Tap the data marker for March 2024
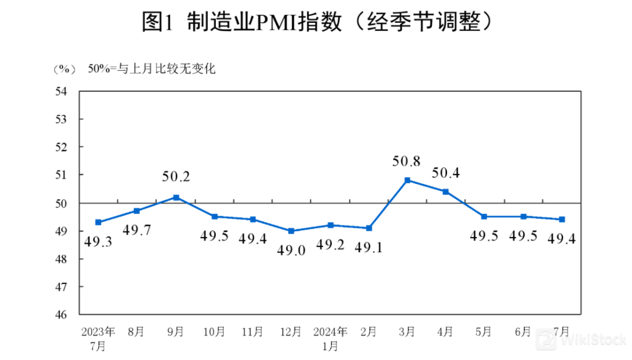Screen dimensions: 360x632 coord(407,180)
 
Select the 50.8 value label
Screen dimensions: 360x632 coord(407,160)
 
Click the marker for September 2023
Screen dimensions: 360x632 coord(176,197)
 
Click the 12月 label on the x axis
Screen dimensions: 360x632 coord(291,332)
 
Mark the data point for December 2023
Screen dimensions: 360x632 coord(291,231)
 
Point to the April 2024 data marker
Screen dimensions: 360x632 coord(446,191)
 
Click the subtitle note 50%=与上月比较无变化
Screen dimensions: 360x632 coord(152,69)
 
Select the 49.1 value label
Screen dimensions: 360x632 coord(369,248)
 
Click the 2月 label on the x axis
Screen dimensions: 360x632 coord(369,332)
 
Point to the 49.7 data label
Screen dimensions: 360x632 coord(137,229)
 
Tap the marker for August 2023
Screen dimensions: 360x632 coord(137,211)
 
